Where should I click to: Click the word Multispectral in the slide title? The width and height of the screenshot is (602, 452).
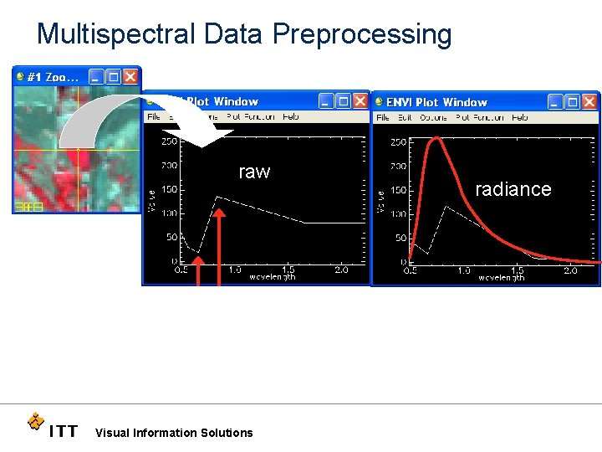tap(115, 33)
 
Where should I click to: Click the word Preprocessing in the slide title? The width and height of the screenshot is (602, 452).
tap(361, 33)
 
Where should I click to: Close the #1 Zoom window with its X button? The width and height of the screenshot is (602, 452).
tap(130, 76)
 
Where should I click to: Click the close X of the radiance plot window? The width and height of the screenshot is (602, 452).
tap(590, 101)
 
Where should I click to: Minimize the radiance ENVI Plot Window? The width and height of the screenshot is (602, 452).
tap(555, 101)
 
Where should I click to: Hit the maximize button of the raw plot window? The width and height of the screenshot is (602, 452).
tap(342, 101)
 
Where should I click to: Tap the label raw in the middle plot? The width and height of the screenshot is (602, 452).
tap(254, 172)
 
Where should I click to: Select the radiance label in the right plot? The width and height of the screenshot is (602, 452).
tap(513, 189)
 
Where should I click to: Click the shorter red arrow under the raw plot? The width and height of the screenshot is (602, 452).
tap(199, 272)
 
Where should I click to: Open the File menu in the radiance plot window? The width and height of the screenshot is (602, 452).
tap(382, 118)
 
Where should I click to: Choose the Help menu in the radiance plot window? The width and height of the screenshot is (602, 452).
tap(519, 118)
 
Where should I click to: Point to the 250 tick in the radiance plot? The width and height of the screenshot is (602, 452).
tap(398, 142)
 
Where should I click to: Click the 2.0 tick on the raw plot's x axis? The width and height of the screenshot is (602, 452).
tap(341, 270)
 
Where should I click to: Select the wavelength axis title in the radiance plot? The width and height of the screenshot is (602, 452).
tap(501, 278)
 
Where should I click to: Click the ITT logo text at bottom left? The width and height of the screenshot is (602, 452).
tap(63, 432)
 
